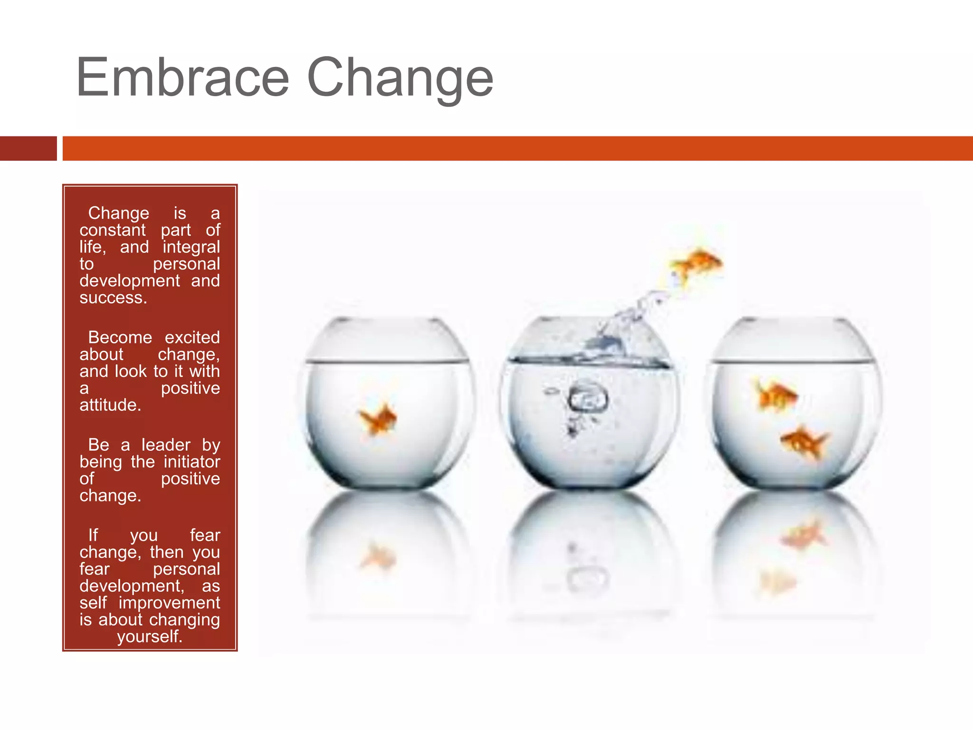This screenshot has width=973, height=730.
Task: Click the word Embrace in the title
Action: (x=182, y=77)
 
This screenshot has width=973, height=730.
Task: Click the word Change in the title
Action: (x=400, y=78)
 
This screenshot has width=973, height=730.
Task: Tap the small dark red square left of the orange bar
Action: (x=28, y=148)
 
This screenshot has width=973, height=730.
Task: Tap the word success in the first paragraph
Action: (x=113, y=298)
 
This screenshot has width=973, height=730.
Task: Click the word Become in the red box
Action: (x=120, y=337)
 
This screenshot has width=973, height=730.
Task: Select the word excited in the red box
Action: (x=192, y=337)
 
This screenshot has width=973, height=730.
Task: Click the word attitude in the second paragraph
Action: (x=110, y=405)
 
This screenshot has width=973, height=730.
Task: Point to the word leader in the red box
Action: (x=166, y=445)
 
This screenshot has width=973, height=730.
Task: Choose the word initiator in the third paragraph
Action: (x=191, y=462)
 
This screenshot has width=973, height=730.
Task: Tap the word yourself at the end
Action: (x=150, y=636)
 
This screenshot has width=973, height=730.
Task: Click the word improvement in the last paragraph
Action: (x=169, y=603)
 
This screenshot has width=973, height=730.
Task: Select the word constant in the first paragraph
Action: (x=113, y=231)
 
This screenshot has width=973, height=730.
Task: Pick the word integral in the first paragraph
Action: (x=191, y=247)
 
